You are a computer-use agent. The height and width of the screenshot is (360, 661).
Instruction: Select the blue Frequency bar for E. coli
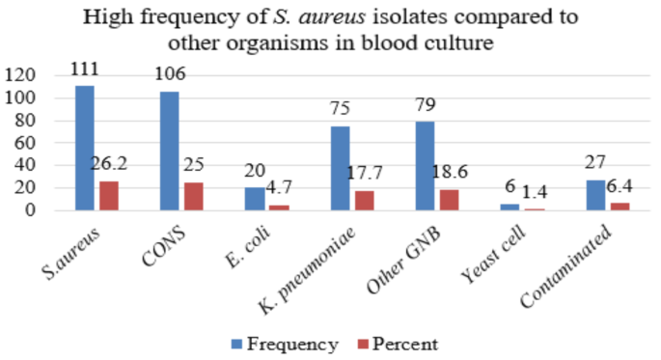coord(256,198)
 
